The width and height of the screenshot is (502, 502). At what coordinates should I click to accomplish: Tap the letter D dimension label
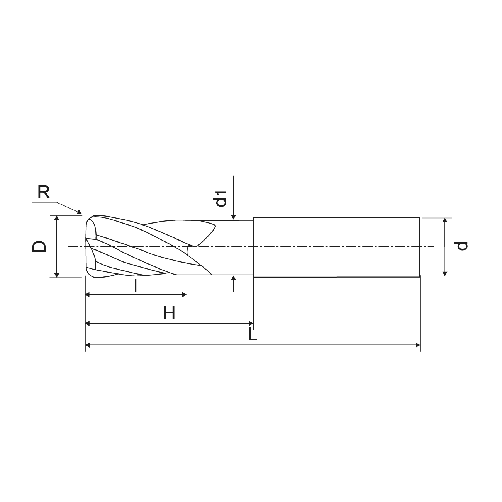[x=39, y=246]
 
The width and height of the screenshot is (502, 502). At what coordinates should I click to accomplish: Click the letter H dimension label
[x=169, y=313]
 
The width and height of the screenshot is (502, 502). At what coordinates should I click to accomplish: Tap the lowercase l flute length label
[x=136, y=286]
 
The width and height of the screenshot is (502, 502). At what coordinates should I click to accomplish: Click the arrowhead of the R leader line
[x=80, y=212]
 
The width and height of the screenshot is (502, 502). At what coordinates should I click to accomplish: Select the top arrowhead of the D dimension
[x=56, y=218]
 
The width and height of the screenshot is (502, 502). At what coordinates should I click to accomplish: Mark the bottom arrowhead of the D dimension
[x=56, y=275]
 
